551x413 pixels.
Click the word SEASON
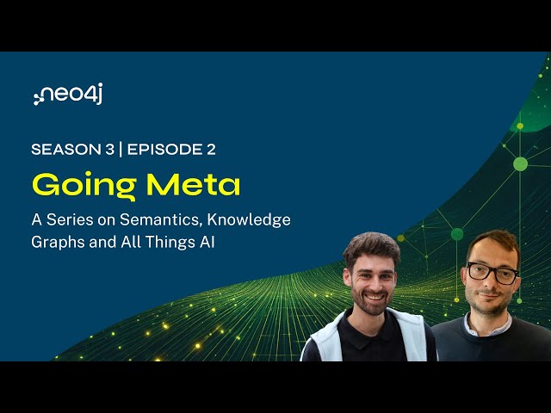pyautogui.click(x=63, y=149)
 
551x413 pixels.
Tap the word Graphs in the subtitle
pyautogui.click(x=57, y=243)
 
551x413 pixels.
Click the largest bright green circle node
pyautogui.click(x=520, y=163)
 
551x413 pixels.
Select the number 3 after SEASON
pyautogui.click(x=109, y=149)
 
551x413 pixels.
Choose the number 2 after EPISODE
pyautogui.click(x=211, y=149)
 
